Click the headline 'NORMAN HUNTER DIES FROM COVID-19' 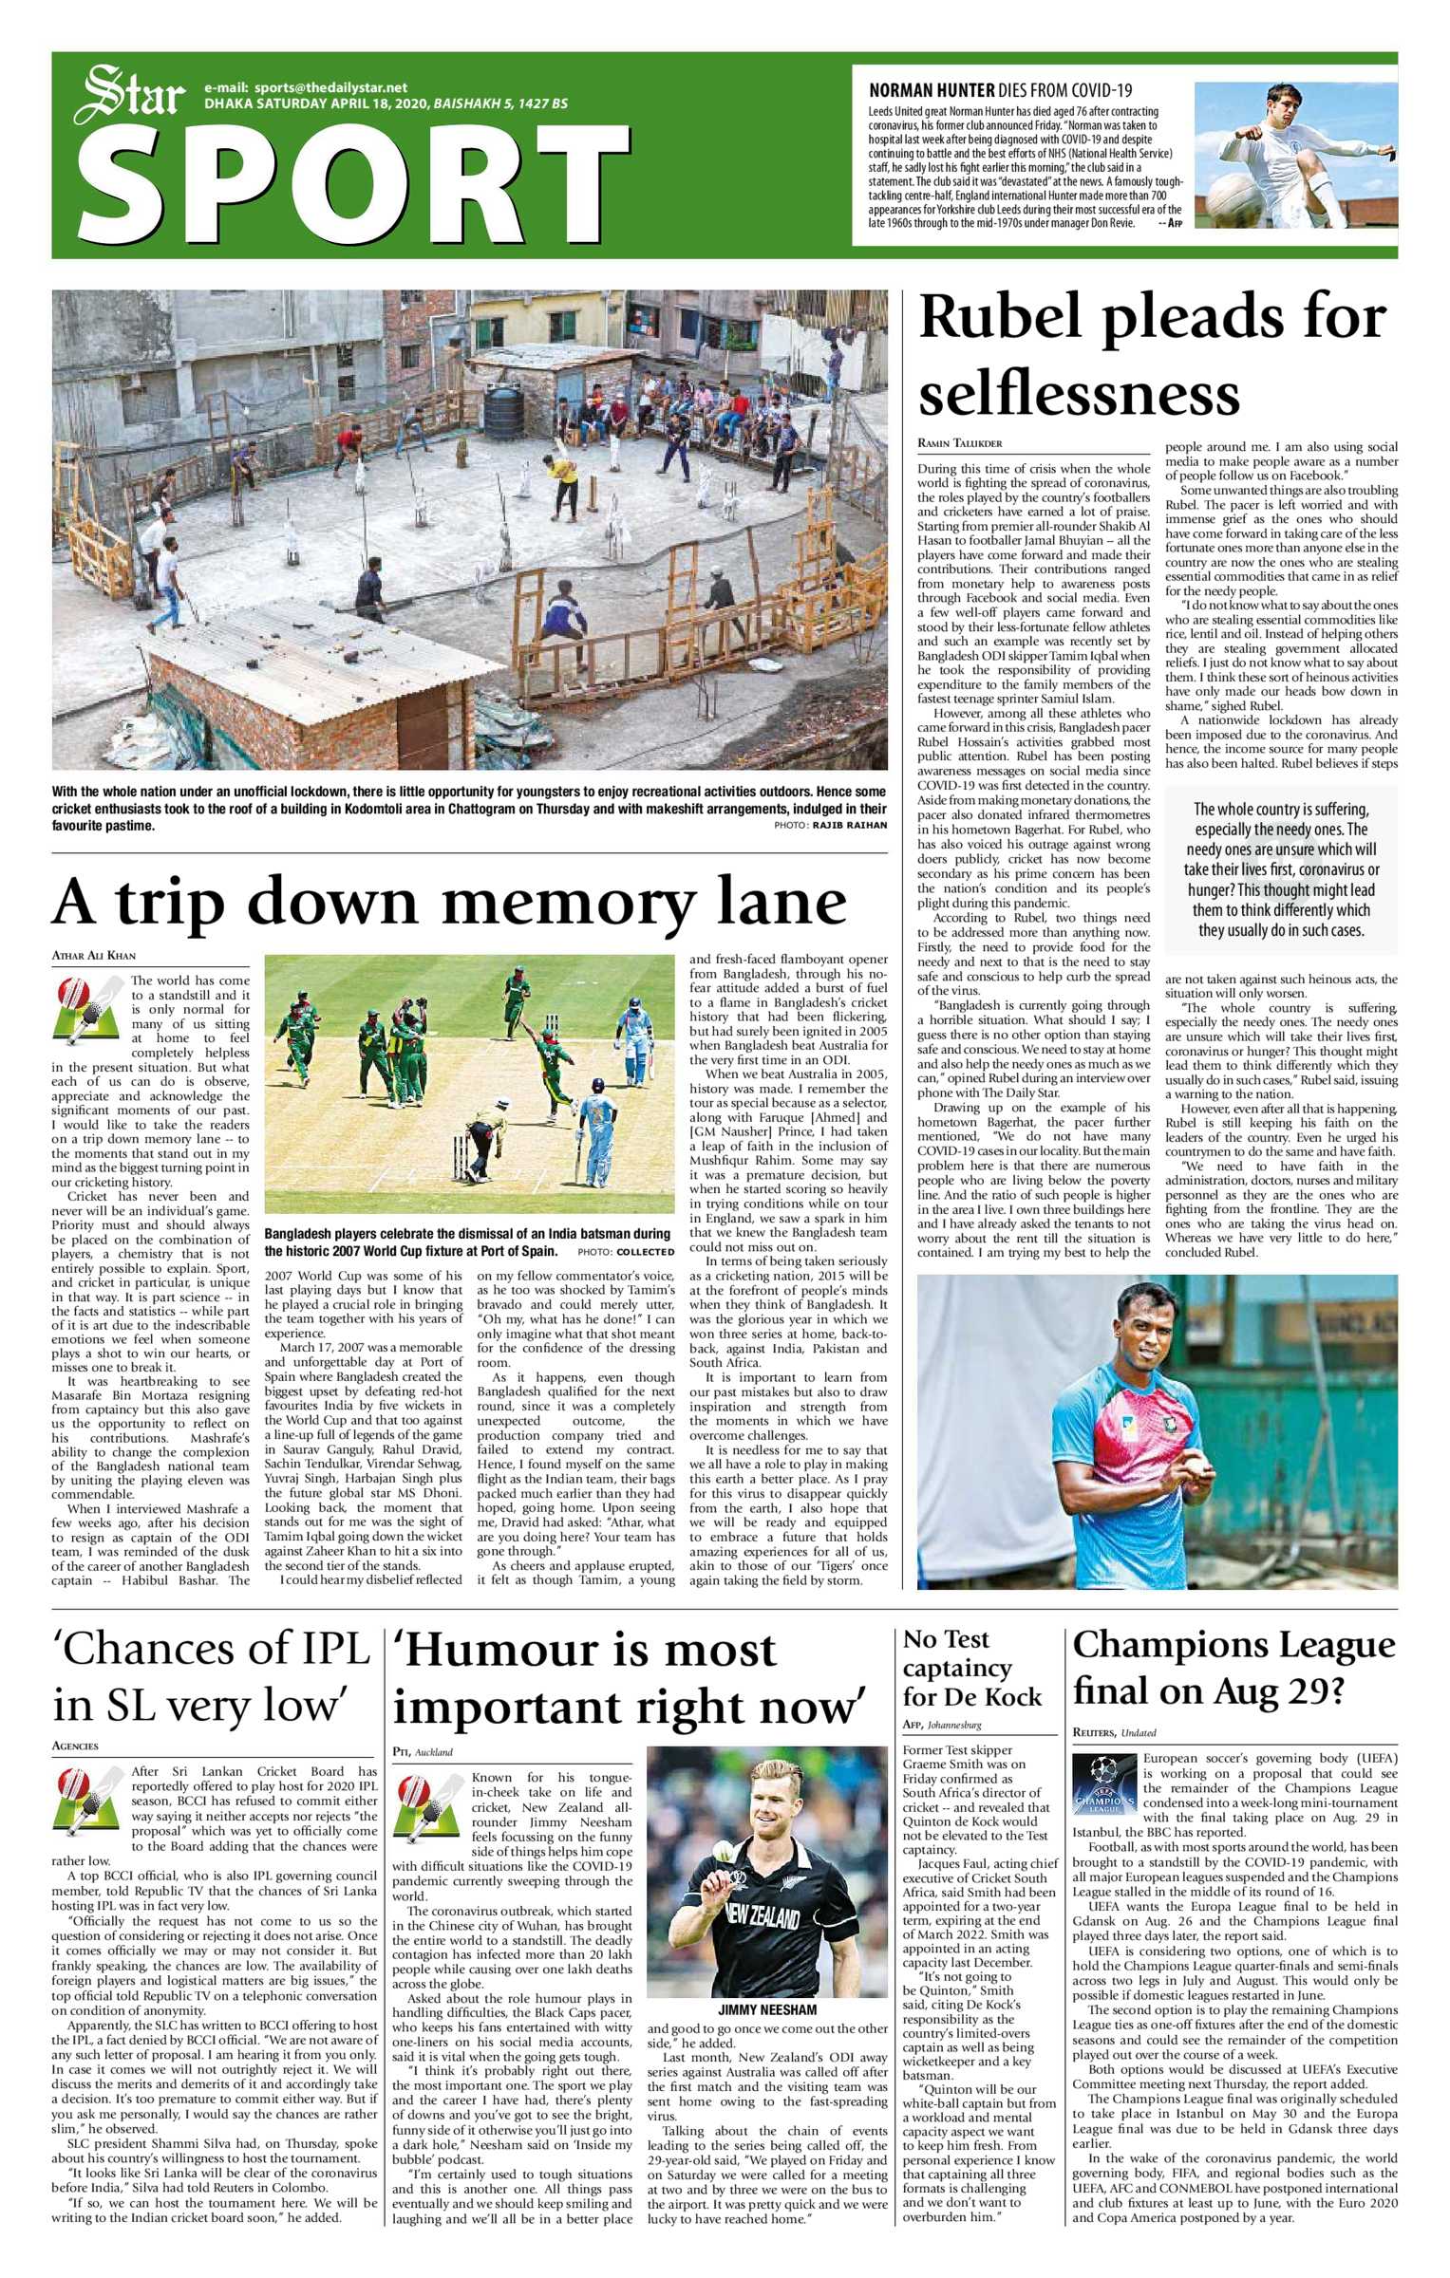point(1000,91)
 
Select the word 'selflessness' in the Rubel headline point(1079,393)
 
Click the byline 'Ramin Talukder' point(959,443)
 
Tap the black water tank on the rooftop point(502,409)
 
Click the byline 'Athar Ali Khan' point(93,956)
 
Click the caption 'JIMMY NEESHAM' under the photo point(767,2009)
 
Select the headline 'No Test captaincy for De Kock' point(971,1668)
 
